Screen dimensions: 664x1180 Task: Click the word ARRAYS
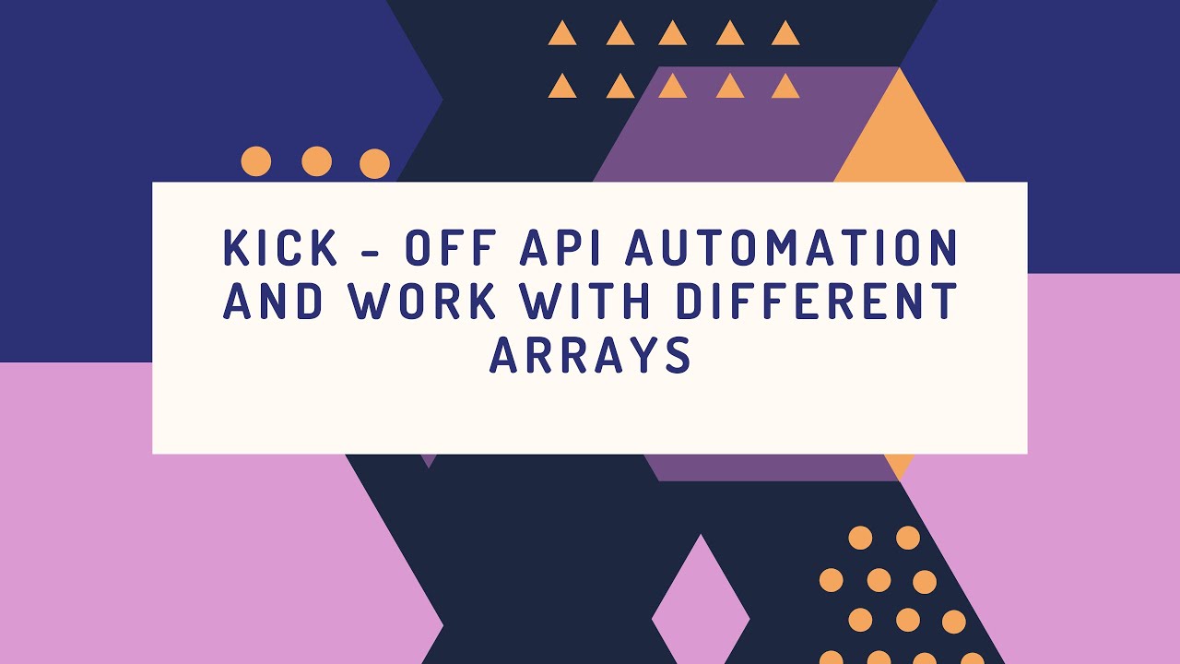point(590,355)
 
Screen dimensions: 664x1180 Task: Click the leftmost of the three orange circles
point(256,161)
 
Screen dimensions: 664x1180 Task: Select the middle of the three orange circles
point(316,161)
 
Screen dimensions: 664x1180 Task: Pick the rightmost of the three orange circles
point(374,164)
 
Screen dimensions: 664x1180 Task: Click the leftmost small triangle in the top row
point(562,35)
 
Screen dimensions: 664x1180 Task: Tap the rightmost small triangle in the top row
point(785,35)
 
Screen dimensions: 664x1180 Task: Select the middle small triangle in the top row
point(673,35)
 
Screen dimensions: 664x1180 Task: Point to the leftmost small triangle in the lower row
point(562,88)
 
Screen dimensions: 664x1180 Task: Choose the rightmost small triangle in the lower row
point(785,88)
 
